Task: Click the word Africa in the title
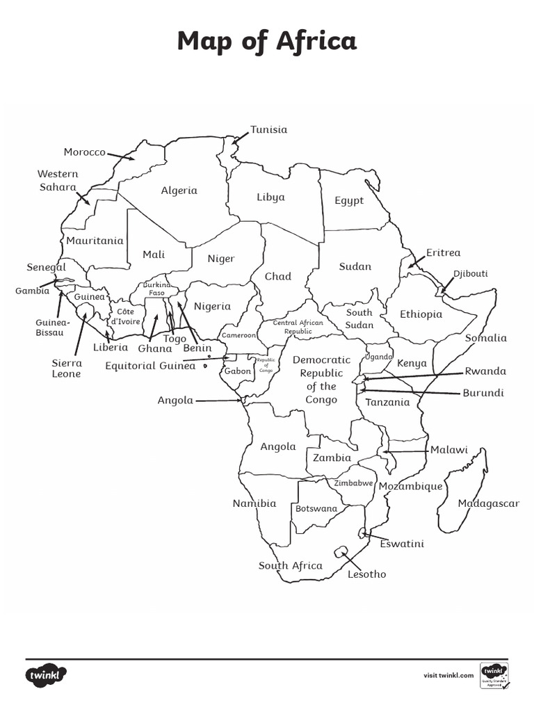(x=316, y=42)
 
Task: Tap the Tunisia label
(x=268, y=129)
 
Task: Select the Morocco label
(x=84, y=152)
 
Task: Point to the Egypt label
(x=349, y=200)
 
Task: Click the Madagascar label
(x=488, y=503)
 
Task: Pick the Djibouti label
(x=471, y=273)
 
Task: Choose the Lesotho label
(x=366, y=574)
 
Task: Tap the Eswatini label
(x=402, y=544)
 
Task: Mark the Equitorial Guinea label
(x=150, y=366)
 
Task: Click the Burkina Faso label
(x=156, y=289)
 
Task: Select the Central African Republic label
(x=298, y=327)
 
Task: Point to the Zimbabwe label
(x=354, y=483)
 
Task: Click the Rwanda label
(x=485, y=371)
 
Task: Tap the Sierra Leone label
(x=67, y=369)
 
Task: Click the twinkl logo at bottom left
(x=47, y=674)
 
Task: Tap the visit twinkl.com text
(x=448, y=675)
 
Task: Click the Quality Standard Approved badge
(x=494, y=675)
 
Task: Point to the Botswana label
(x=316, y=508)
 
